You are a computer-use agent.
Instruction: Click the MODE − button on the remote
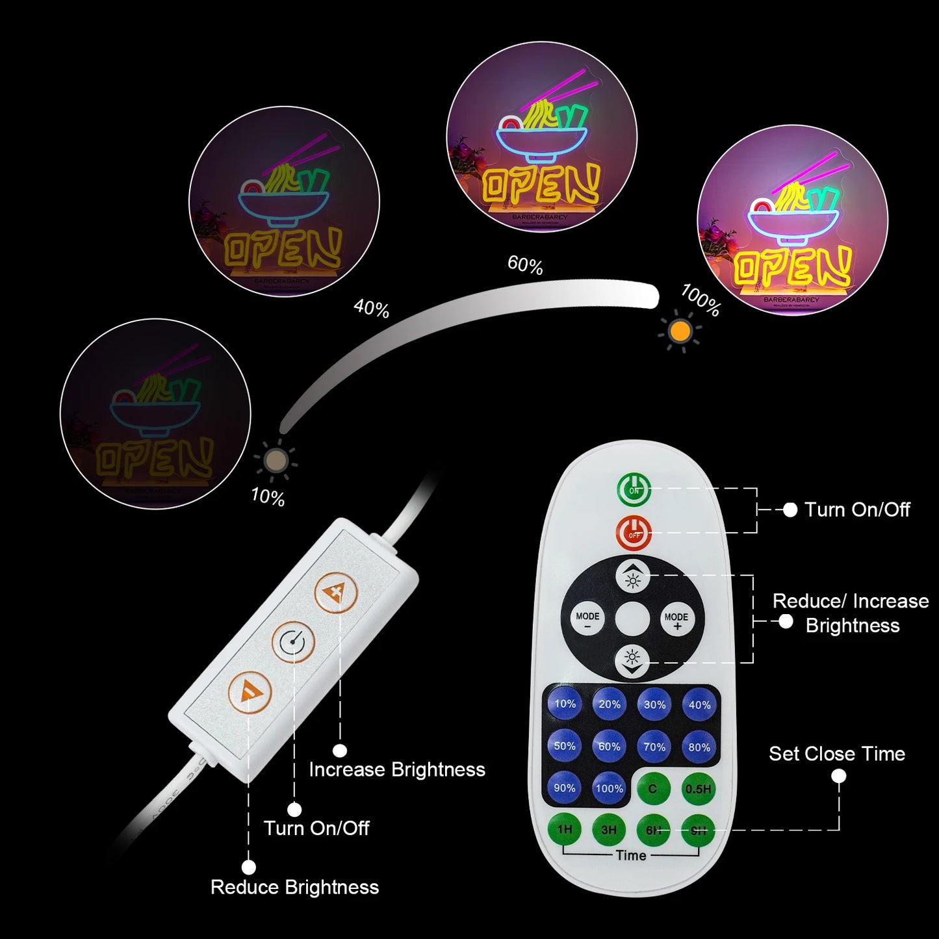coord(587,620)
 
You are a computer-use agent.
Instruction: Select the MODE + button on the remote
coord(676,620)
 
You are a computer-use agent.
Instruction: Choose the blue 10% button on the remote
coord(565,704)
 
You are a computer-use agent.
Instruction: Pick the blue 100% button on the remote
coord(610,788)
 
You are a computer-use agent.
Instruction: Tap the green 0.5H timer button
coord(699,788)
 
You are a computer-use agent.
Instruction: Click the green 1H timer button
coord(565,830)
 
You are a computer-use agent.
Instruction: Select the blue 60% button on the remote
coord(610,747)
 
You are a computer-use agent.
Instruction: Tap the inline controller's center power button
coord(293,643)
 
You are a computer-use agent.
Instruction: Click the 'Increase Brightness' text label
coord(397,770)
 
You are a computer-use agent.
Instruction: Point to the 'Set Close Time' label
coord(837,754)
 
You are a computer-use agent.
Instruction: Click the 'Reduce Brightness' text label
coord(294,888)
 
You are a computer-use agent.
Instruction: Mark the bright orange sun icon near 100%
coord(680,331)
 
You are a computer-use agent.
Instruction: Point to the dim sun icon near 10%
coord(276,461)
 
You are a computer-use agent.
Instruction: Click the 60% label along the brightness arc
coord(525,265)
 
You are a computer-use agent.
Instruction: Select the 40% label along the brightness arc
coord(371,308)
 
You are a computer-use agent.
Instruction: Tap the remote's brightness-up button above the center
coord(632,576)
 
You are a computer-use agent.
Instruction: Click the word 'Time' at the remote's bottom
coord(631,855)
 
